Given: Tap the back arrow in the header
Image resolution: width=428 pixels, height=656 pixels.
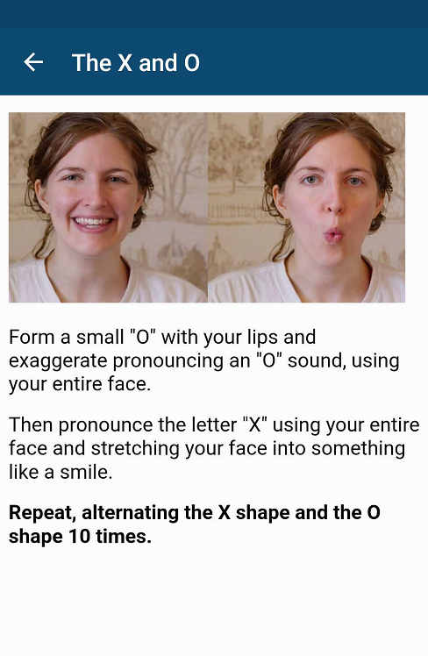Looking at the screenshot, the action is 33,62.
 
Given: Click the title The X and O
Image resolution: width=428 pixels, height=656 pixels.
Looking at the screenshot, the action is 136,63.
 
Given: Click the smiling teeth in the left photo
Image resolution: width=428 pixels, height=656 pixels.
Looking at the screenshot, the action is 92,221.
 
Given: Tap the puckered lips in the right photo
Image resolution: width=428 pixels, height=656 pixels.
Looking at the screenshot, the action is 334,235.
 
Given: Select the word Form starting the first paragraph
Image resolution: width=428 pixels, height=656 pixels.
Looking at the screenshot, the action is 32,337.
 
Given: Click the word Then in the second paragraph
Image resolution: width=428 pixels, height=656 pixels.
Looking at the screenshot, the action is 31,425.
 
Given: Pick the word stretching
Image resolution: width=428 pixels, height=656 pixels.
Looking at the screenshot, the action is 135,449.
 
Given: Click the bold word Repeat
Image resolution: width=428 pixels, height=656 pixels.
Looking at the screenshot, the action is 42,513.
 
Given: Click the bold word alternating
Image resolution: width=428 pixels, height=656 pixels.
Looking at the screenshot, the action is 130,513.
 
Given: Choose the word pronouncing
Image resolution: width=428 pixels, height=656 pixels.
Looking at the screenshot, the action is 168,361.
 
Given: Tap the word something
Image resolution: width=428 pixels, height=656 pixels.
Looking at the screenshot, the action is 358,449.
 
